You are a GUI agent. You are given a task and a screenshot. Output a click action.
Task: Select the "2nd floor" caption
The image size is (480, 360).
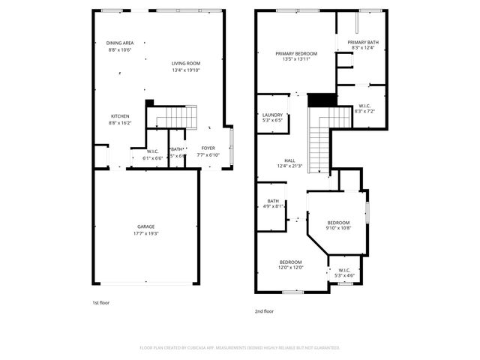[x=264, y=310]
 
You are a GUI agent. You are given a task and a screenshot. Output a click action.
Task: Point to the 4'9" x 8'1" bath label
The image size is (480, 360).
[x=273, y=203]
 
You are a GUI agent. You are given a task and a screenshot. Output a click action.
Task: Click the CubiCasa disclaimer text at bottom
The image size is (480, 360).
[x=240, y=348]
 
